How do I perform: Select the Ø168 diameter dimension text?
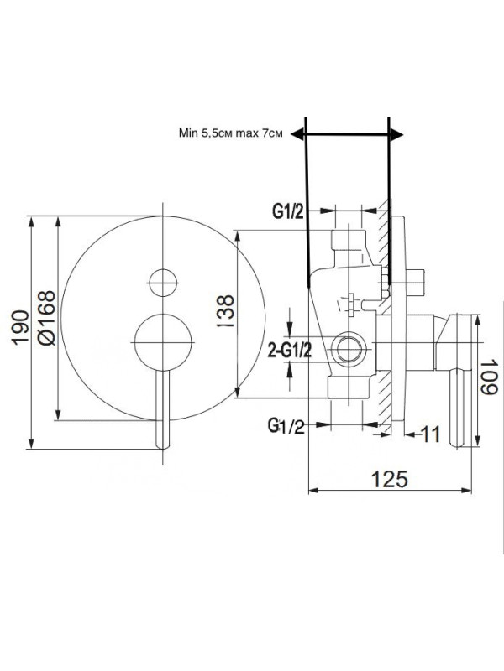point(45,318)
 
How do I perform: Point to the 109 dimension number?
point(490,380)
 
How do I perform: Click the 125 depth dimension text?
point(388,478)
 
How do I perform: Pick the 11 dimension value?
point(431,434)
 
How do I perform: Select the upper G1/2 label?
point(287,212)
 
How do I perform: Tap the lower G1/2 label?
point(286,426)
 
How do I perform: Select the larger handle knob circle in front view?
point(163,341)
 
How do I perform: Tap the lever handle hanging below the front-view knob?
point(165,411)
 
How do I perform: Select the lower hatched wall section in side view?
point(385,403)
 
